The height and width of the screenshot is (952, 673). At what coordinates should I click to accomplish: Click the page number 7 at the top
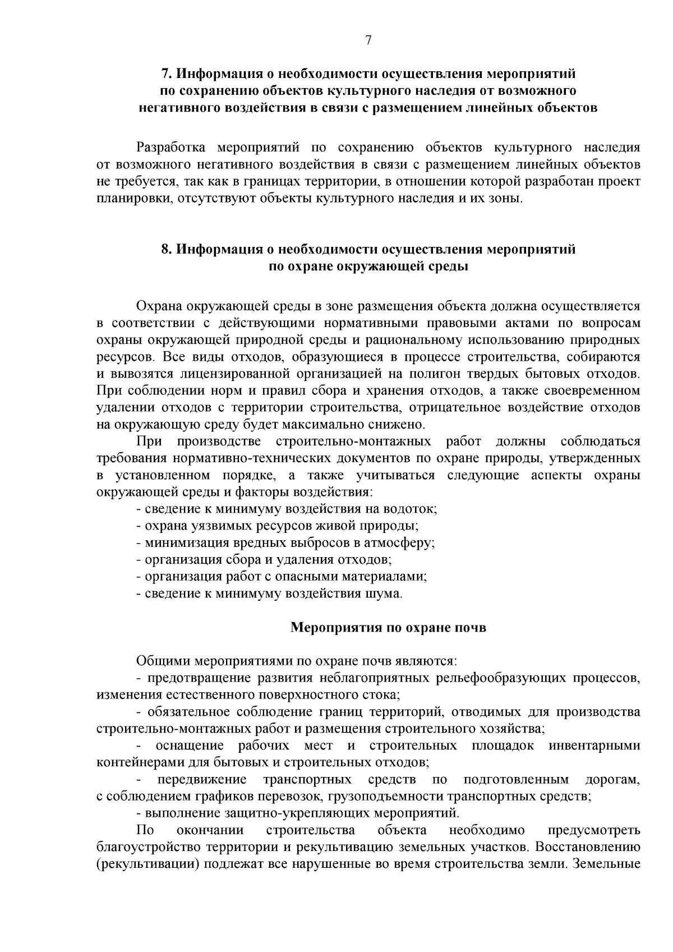368,40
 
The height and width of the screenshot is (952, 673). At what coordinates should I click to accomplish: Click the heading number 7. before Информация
166,74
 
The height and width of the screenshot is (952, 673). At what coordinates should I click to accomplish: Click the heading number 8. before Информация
166,250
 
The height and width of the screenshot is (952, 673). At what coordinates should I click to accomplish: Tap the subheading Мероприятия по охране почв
388,627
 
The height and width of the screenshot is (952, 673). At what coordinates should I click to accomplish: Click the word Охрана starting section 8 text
160,306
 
